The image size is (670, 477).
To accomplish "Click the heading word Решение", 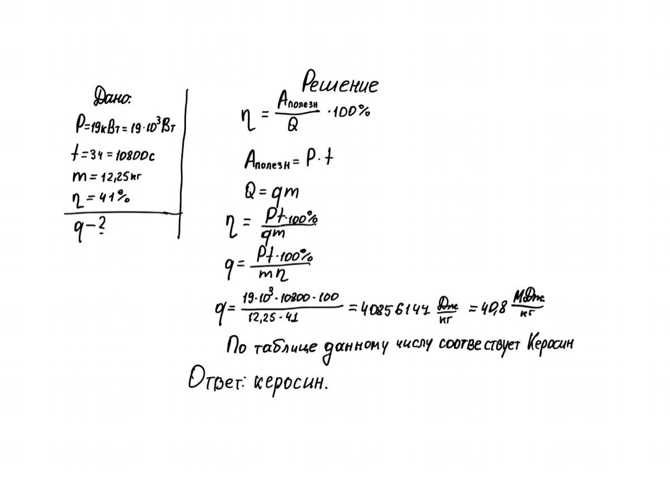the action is click(340, 84).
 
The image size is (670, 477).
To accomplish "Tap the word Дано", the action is click(112, 99).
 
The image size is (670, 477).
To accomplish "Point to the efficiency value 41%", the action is click(115, 197).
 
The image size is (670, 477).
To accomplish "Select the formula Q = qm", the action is click(271, 192).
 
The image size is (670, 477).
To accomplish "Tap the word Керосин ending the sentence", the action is click(549, 344).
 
